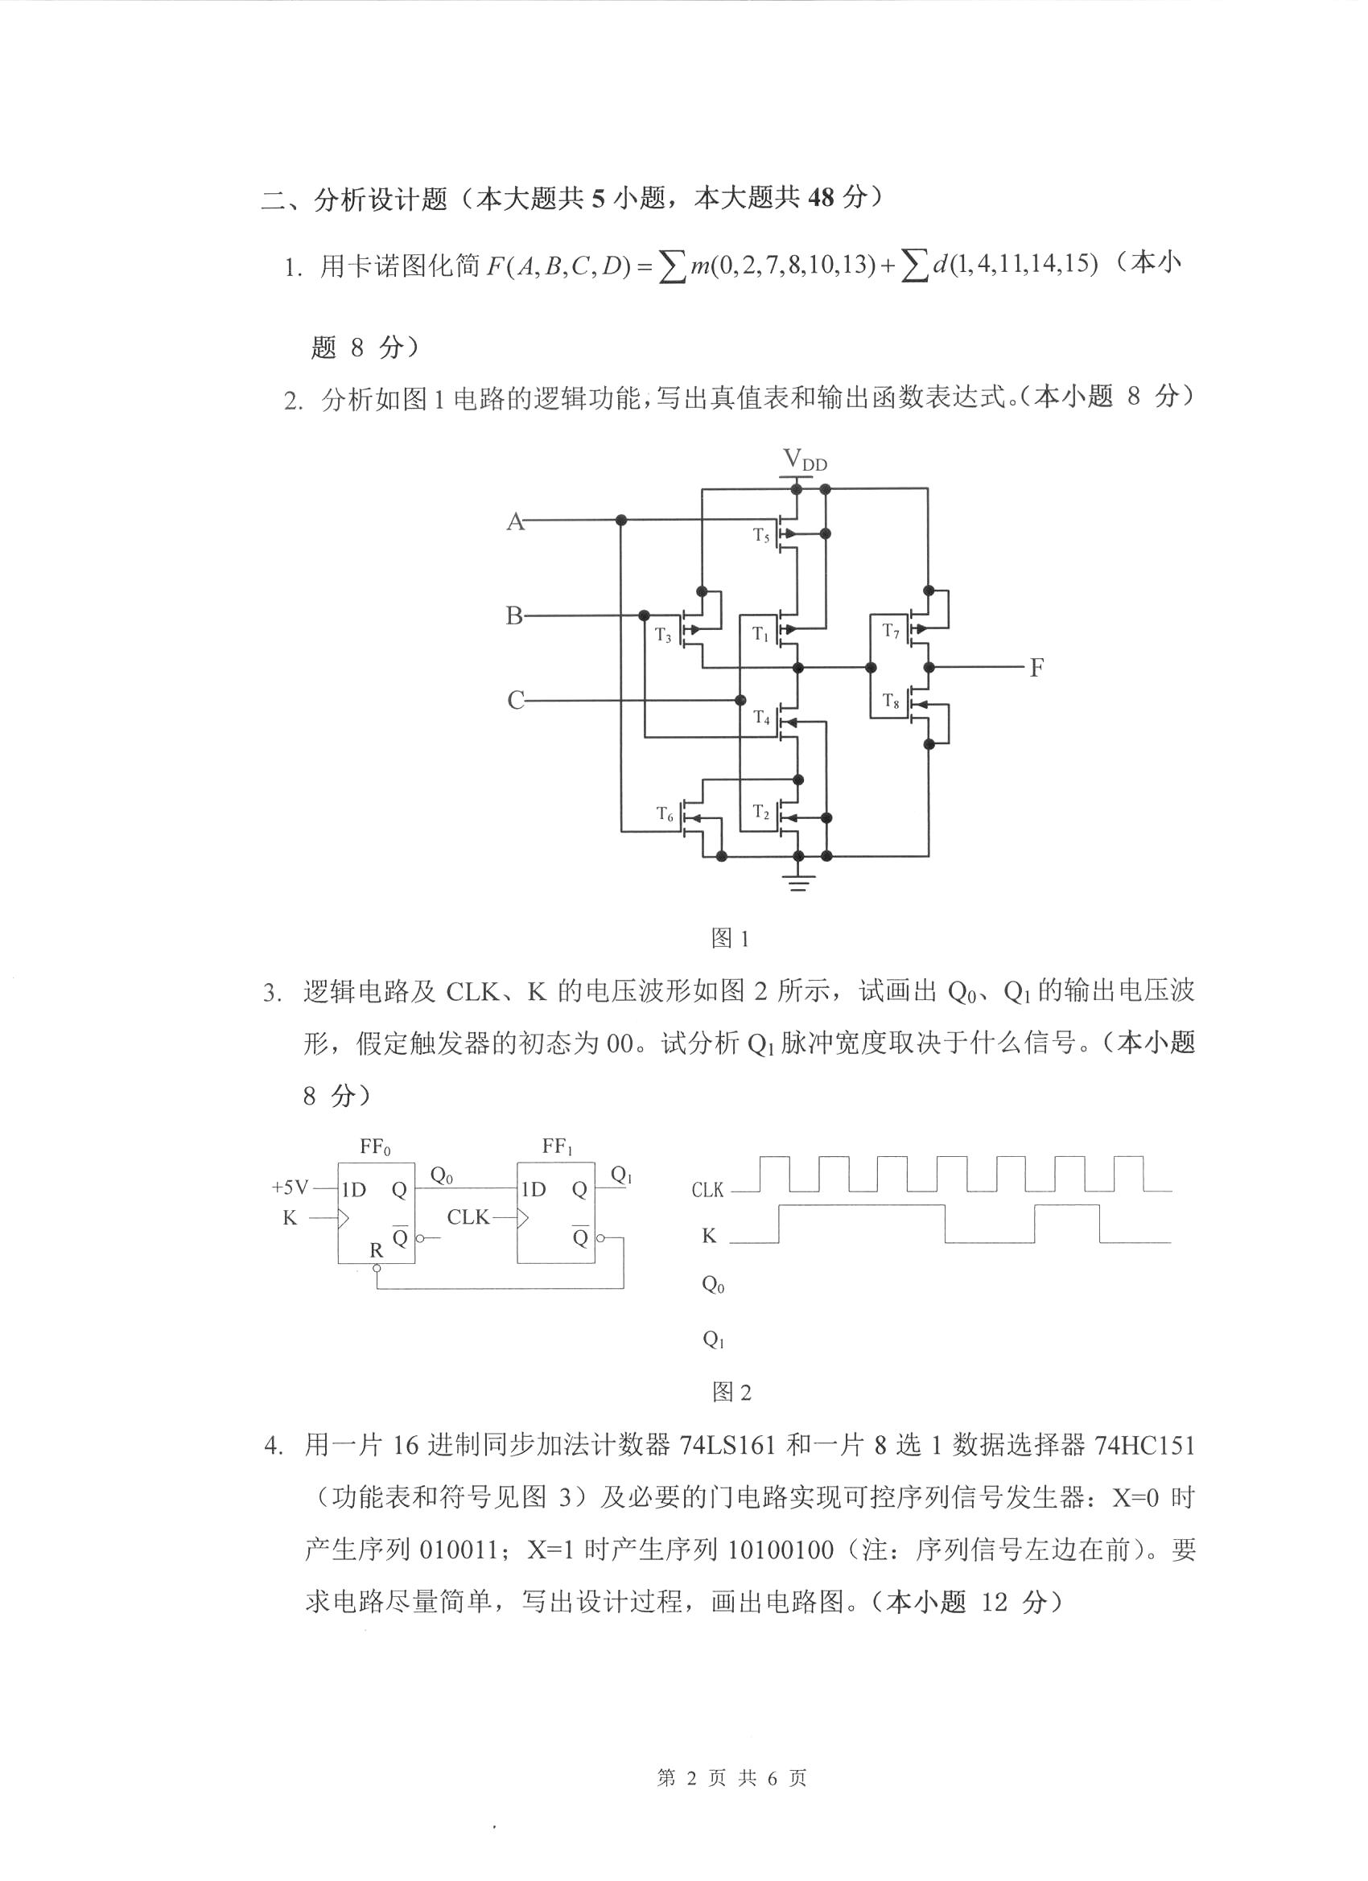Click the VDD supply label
[x=804, y=459]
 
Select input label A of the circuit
[x=515, y=521]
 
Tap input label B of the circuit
[x=514, y=616]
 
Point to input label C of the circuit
[x=515, y=701]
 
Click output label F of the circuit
[x=1036, y=668]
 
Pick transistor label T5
[x=761, y=536]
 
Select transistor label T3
[x=662, y=636]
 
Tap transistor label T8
[x=891, y=701]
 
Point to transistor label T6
[x=665, y=813]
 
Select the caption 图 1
[x=730, y=938]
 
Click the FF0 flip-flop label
[x=375, y=1147]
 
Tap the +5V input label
[x=290, y=1187]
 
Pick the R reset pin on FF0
[x=377, y=1250]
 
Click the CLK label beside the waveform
[x=707, y=1190]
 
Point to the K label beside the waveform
[x=708, y=1236]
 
